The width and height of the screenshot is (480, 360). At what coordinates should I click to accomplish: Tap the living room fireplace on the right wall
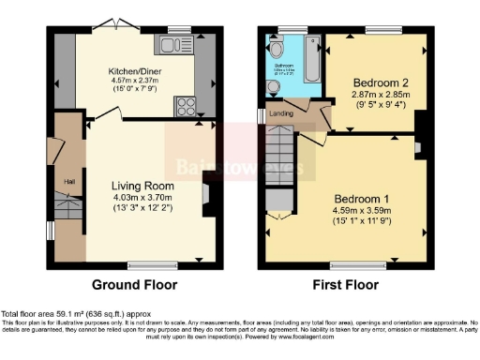(207, 193)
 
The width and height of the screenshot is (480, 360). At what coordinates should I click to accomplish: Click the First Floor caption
(346, 284)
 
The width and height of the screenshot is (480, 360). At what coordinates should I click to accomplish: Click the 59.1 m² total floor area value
(73, 312)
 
